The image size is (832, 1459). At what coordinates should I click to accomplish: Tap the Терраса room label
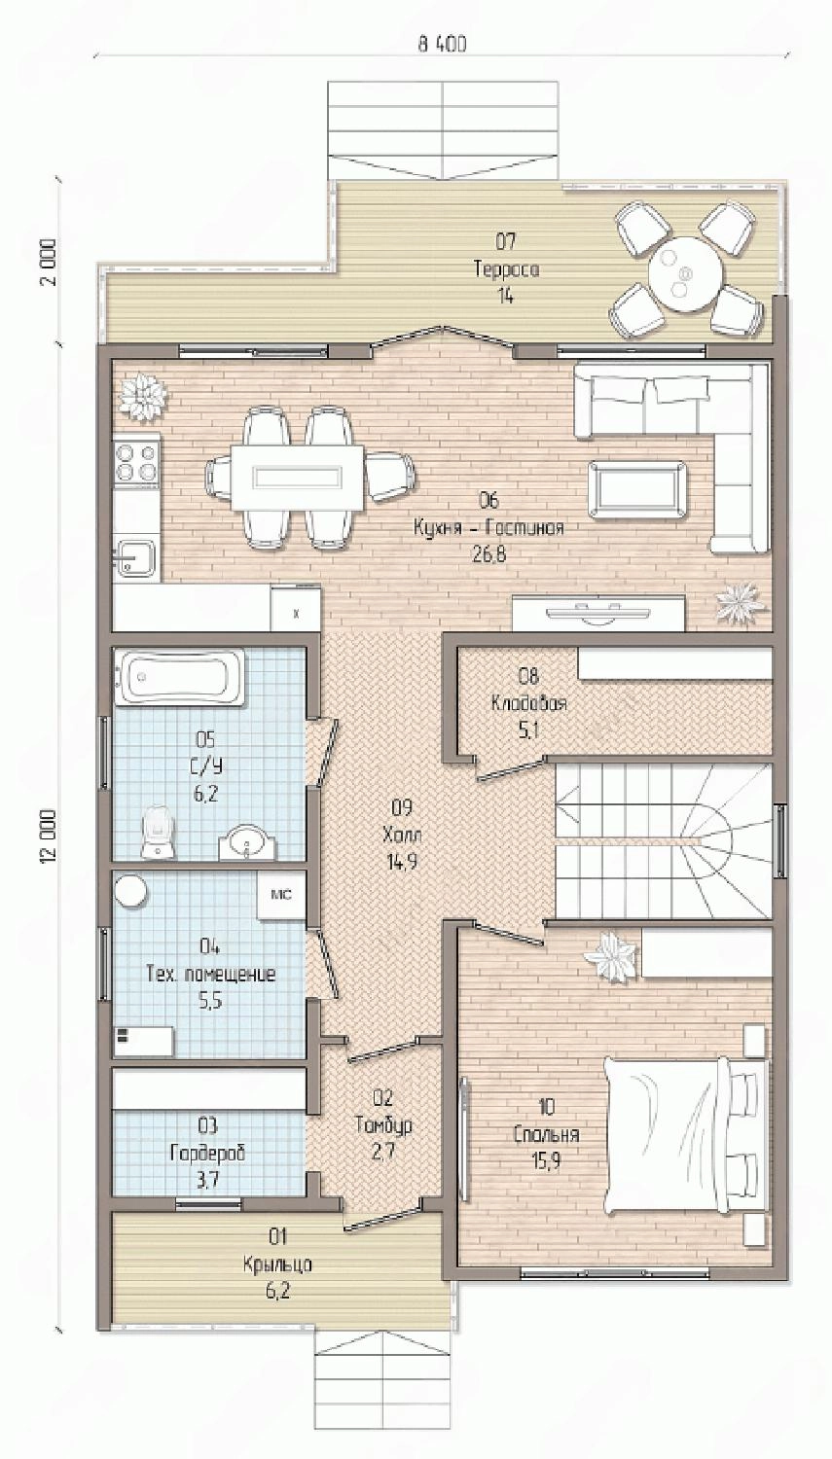pos(506,269)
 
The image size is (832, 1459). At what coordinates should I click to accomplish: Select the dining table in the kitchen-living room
pos(297,479)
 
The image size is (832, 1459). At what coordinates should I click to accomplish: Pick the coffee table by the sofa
pos(636,489)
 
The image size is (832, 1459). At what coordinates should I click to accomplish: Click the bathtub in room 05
pos(180,677)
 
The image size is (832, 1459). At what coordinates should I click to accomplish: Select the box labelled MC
pos(281,895)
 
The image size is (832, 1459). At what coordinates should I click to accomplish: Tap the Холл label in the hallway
pos(403,835)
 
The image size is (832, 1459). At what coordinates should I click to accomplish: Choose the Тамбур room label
pos(383,1124)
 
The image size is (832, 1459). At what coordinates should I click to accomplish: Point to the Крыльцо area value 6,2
pos(277,1291)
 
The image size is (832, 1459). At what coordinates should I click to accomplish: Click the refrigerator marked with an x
pos(296,609)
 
